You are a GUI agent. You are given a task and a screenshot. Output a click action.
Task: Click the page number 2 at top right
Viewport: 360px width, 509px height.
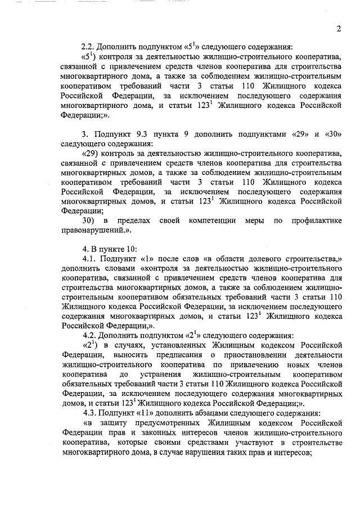coord(339,29)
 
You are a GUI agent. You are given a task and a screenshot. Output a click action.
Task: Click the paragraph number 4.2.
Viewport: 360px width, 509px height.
coord(91,335)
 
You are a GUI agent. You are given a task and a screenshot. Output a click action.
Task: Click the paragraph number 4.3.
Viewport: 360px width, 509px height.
coord(91,411)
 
